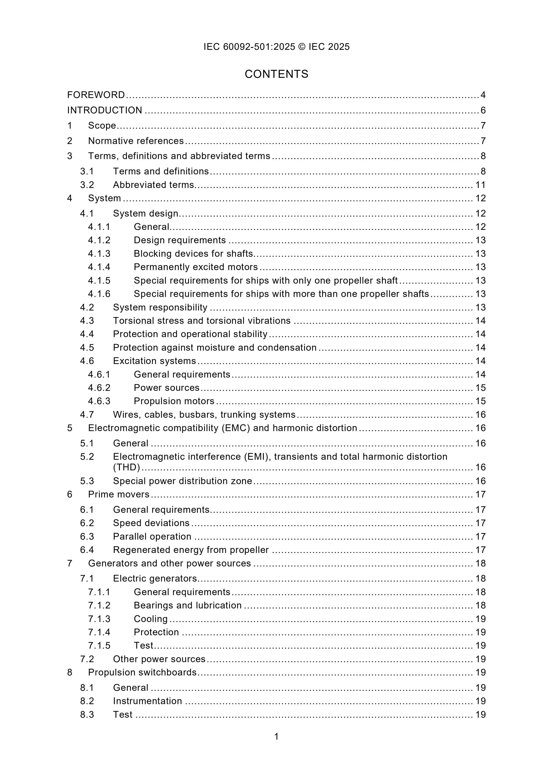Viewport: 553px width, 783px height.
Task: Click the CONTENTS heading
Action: tap(276, 74)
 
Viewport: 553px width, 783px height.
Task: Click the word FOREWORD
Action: tap(96, 95)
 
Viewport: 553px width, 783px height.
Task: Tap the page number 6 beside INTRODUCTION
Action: tap(483, 110)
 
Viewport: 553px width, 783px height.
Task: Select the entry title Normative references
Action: tap(136, 141)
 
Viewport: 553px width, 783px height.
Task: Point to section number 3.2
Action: tap(87, 185)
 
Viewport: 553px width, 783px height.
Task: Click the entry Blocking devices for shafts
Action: tap(193, 254)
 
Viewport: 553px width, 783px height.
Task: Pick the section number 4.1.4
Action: tap(99, 267)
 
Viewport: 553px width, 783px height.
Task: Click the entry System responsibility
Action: tap(160, 308)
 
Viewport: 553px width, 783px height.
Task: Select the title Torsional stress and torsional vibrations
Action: tap(202, 321)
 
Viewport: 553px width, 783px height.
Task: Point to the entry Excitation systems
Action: tap(154, 361)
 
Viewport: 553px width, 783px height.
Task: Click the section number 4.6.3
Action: tap(99, 401)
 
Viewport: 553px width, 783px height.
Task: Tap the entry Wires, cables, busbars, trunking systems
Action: tap(204, 415)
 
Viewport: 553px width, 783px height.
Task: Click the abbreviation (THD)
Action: tap(126, 467)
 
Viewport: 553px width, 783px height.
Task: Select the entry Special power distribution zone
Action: tap(182, 481)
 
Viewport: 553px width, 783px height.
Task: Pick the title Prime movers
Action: tap(119, 494)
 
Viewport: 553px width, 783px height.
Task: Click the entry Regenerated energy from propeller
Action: tap(191, 550)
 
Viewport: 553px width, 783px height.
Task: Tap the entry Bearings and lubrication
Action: tap(187, 605)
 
